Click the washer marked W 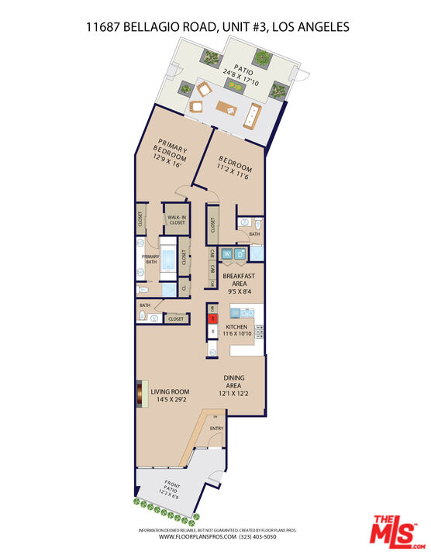coord(227,253)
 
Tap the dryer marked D coord(240,253)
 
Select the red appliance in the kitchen coord(212,318)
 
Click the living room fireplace coord(140,394)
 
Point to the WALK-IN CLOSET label coord(176,220)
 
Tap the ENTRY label coord(216,428)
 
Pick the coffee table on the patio coord(227,107)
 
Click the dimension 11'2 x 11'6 coord(233,177)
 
